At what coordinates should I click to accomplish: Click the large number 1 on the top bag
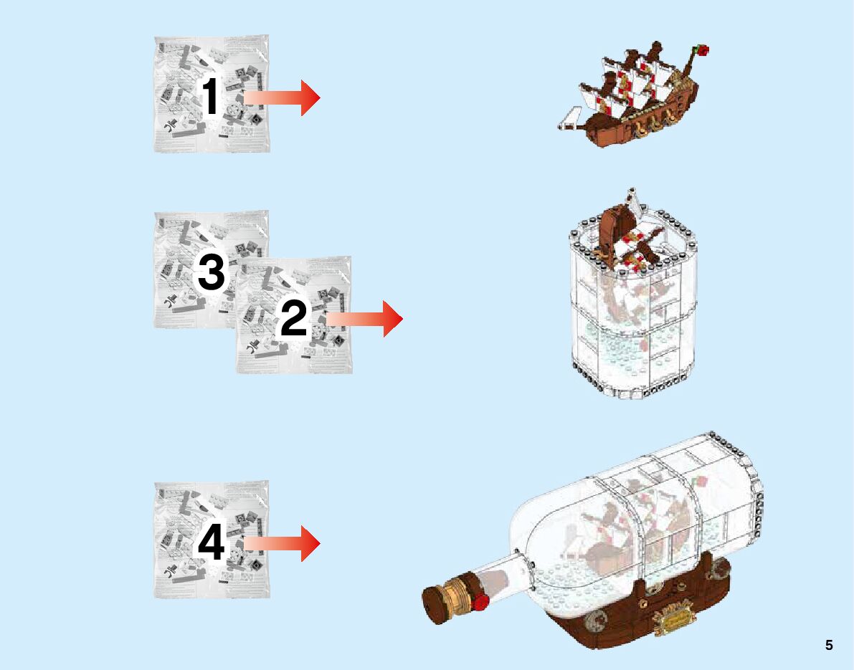pyautogui.click(x=211, y=97)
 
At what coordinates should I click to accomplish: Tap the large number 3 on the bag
pyautogui.click(x=211, y=273)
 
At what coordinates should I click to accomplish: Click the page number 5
pyautogui.click(x=829, y=645)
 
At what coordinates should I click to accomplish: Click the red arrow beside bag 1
pyautogui.click(x=282, y=97)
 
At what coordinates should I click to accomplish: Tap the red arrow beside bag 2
pyautogui.click(x=364, y=318)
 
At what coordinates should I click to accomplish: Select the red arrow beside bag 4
pyautogui.click(x=282, y=543)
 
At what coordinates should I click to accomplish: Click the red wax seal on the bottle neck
pyautogui.click(x=480, y=602)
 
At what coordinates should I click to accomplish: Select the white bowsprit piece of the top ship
pyautogui.click(x=569, y=119)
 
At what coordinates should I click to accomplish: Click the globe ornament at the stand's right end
pyautogui.click(x=719, y=569)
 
